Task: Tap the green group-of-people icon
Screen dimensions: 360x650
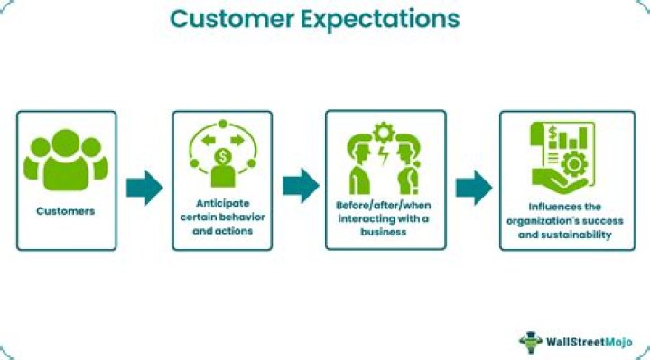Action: tap(66, 160)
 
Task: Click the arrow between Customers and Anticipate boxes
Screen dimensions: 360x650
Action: tap(144, 186)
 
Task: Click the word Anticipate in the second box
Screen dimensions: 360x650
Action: tap(223, 203)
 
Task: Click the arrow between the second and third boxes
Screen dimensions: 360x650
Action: tap(300, 186)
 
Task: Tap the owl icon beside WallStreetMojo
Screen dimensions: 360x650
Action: tap(530, 341)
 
